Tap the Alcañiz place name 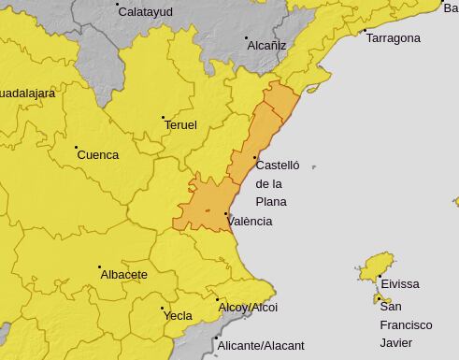[x=266, y=45]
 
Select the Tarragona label [x=393, y=38]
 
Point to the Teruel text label [x=180, y=124]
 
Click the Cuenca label [x=97, y=155]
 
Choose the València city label [x=251, y=222]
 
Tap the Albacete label [x=123, y=275]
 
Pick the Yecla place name [x=178, y=316]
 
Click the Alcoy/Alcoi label [x=248, y=308]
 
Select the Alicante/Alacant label [x=261, y=346]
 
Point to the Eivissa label [x=400, y=284]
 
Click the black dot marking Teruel [x=163, y=117]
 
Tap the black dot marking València [x=226, y=214]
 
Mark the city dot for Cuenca [x=76, y=147]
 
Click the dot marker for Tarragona [x=364, y=31]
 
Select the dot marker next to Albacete [x=100, y=267]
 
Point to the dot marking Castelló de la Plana [x=255, y=157]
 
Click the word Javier [x=396, y=342]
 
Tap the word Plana [x=271, y=202]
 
